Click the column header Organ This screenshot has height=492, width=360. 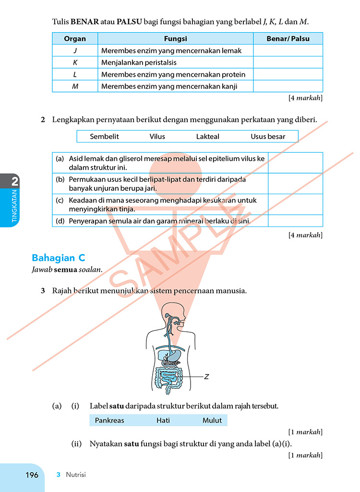click(x=75, y=39)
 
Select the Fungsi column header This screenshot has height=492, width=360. click(x=175, y=39)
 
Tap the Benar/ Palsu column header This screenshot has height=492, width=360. click(x=288, y=39)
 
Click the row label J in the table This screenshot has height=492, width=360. click(x=75, y=50)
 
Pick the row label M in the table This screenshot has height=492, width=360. click(x=75, y=86)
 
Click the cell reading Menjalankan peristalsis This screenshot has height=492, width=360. click(x=139, y=62)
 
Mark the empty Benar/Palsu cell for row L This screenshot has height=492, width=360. click(x=288, y=74)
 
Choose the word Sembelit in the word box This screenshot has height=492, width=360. click(x=104, y=137)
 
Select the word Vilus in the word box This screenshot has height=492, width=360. click(x=157, y=137)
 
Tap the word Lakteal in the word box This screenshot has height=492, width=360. click(x=207, y=137)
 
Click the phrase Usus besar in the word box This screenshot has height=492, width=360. click(x=268, y=137)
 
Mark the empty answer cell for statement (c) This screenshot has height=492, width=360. click(x=295, y=204)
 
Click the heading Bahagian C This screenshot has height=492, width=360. click(x=58, y=258)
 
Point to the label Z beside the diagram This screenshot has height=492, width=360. click(x=206, y=377)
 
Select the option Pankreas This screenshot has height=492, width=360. click(x=109, y=421)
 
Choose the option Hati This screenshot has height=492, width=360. click(x=163, y=421)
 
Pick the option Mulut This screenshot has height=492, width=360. click(x=212, y=421)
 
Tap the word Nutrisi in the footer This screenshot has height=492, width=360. click(x=76, y=475)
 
